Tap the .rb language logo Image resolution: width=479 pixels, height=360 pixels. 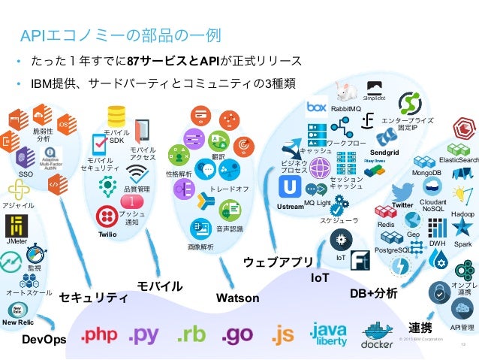click(x=191, y=335)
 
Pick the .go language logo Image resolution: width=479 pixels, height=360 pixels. click(x=238, y=335)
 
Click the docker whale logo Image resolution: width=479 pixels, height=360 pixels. click(x=378, y=334)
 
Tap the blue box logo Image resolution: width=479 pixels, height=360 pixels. click(x=316, y=107)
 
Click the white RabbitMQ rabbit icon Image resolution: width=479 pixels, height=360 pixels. click(x=345, y=92)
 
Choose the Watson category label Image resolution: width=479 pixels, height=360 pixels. click(x=237, y=298)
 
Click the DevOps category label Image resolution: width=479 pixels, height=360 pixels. click(x=44, y=340)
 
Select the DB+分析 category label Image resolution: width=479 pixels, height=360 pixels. click(x=374, y=292)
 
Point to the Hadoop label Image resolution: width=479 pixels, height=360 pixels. click(x=462, y=214)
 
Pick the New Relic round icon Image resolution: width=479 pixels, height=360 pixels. click(x=17, y=310)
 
